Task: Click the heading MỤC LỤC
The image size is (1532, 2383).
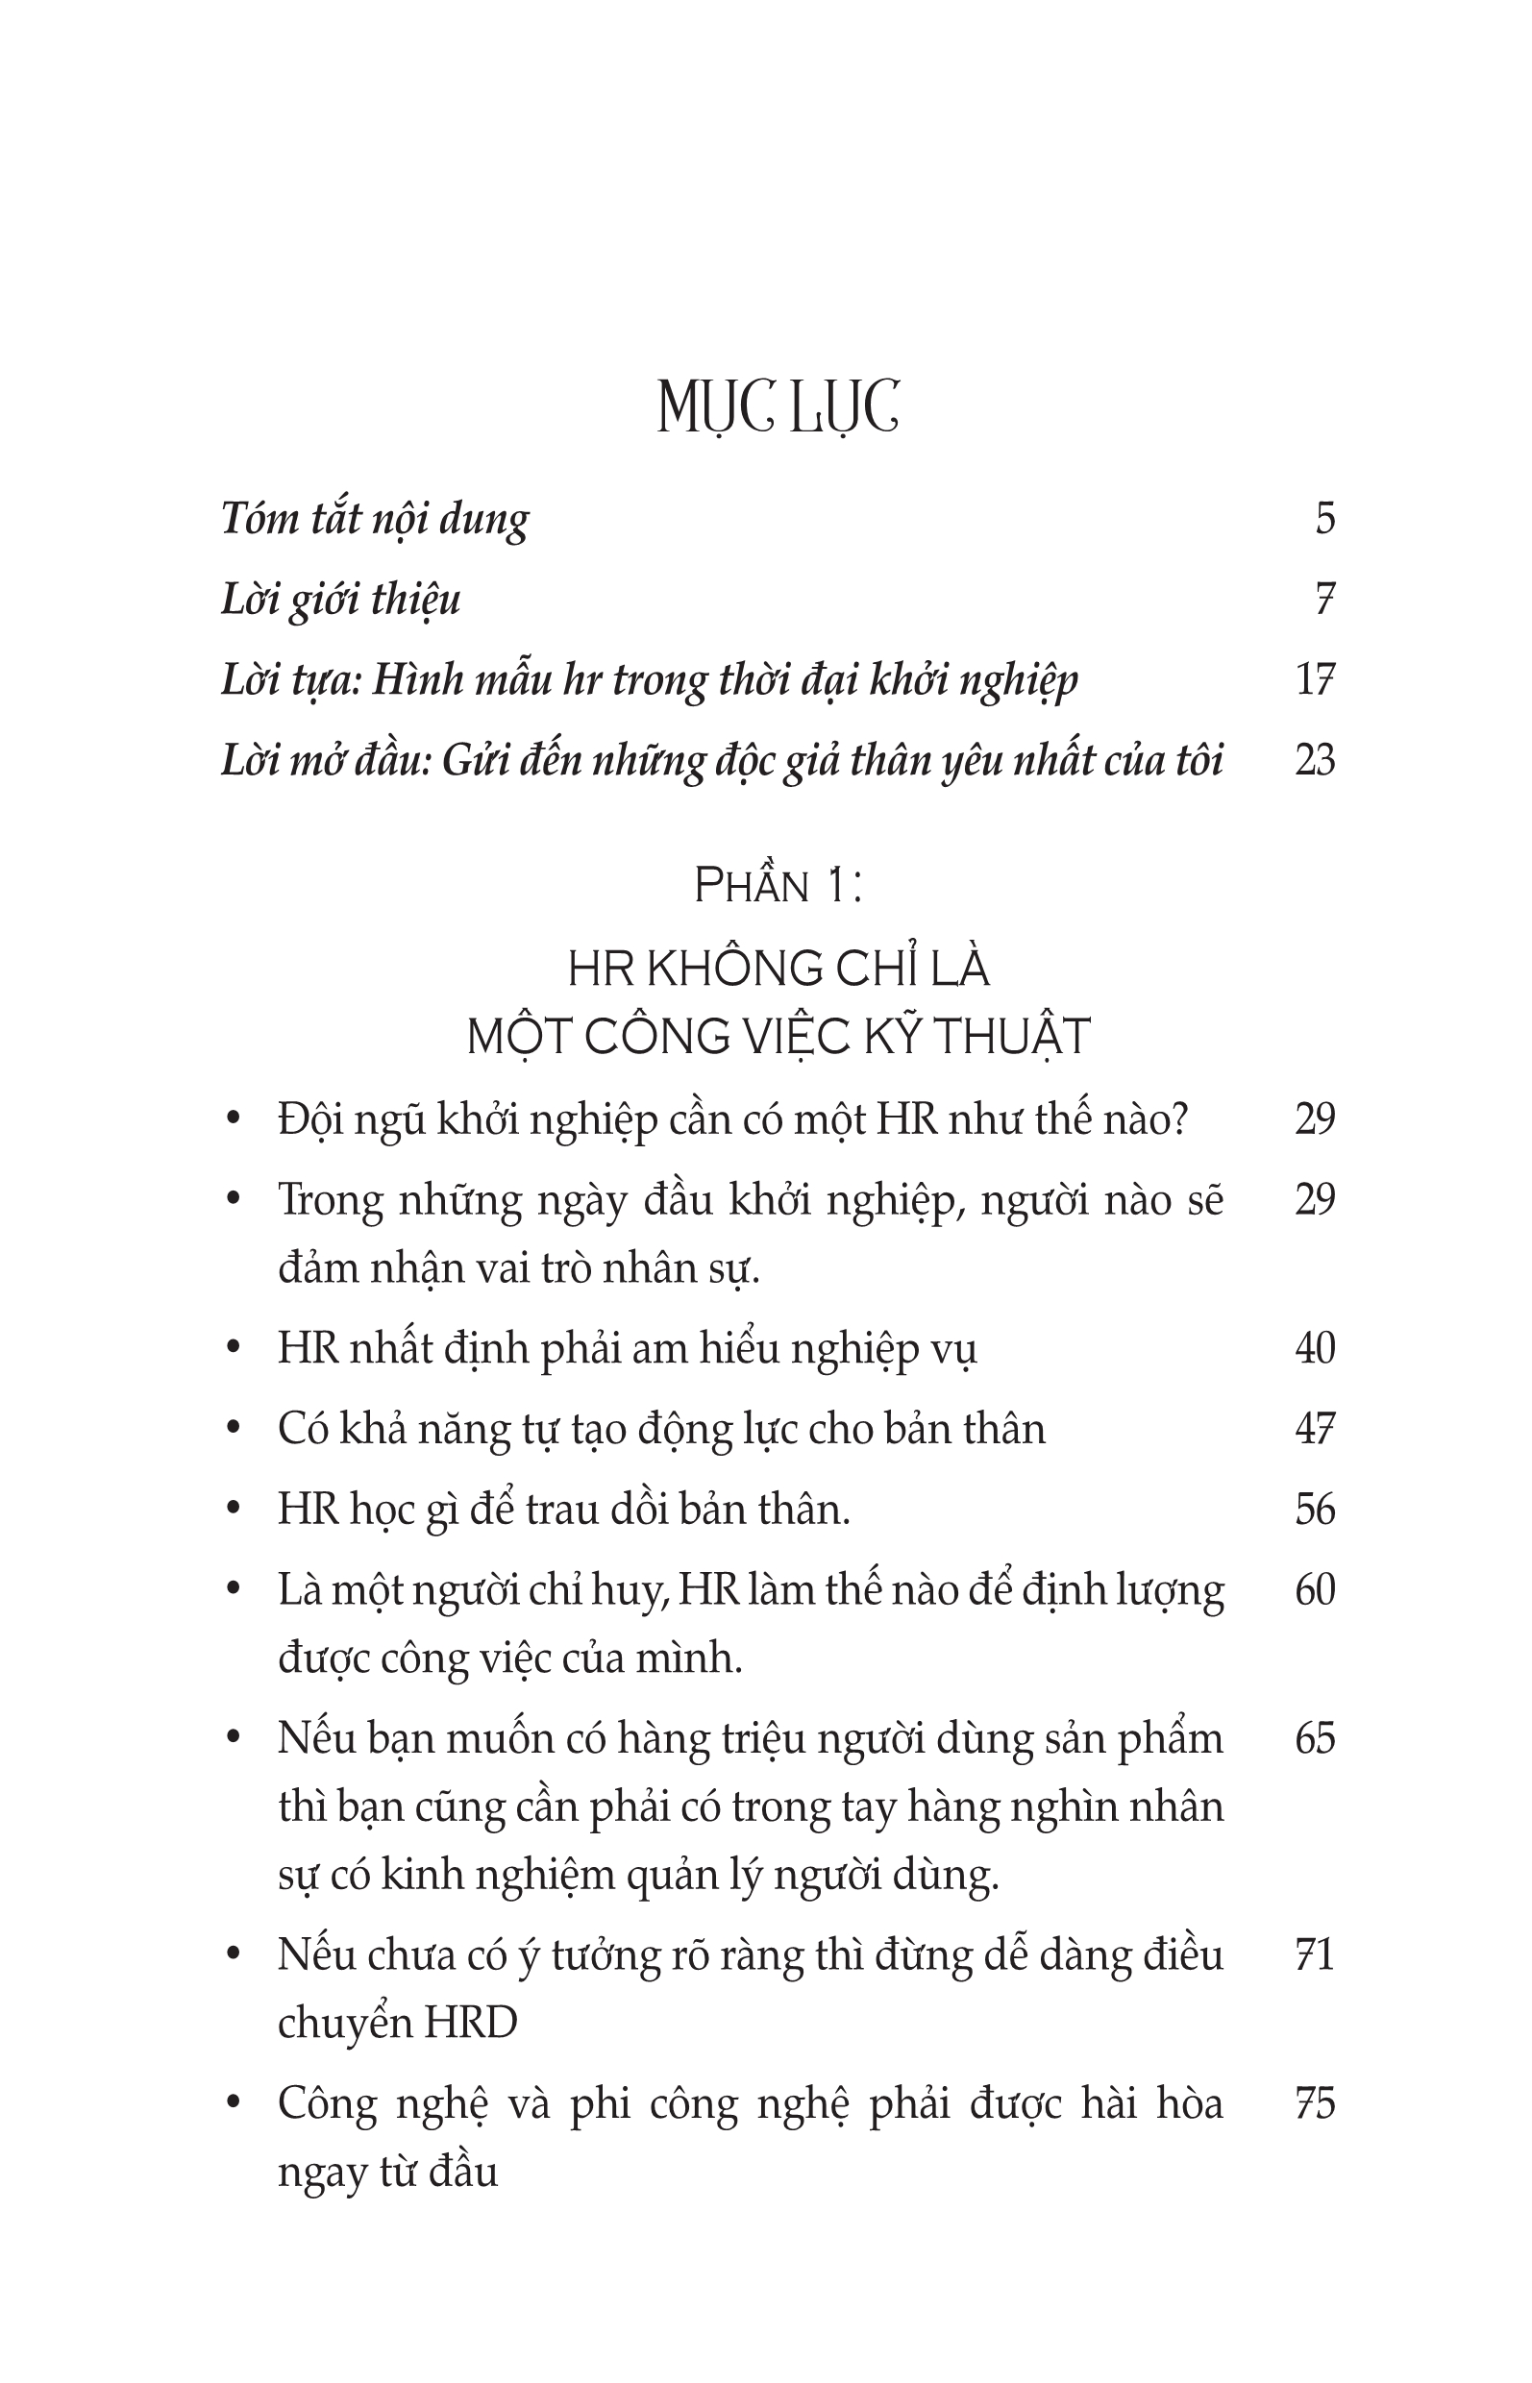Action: point(778,407)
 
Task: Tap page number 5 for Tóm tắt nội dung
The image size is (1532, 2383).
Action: point(1324,519)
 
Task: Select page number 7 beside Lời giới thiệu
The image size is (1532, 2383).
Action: point(1324,600)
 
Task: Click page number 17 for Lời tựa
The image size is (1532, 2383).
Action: point(1314,680)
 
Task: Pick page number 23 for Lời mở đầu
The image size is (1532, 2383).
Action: point(1314,761)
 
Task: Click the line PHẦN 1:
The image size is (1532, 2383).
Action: point(778,886)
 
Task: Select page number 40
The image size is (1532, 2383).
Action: point(1314,1349)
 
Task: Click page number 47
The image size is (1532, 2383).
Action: point(1314,1429)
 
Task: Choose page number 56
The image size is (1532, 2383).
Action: point(1314,1510)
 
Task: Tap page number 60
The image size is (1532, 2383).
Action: point(1314,1590)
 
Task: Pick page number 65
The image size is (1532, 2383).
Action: point(1314,1739)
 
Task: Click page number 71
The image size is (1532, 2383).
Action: point(1314,1955)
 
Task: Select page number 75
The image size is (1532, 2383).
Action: point(1314,2104)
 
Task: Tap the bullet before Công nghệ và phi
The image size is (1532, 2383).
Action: point(234,2104)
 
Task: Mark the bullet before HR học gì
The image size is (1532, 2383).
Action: point(234,1510)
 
